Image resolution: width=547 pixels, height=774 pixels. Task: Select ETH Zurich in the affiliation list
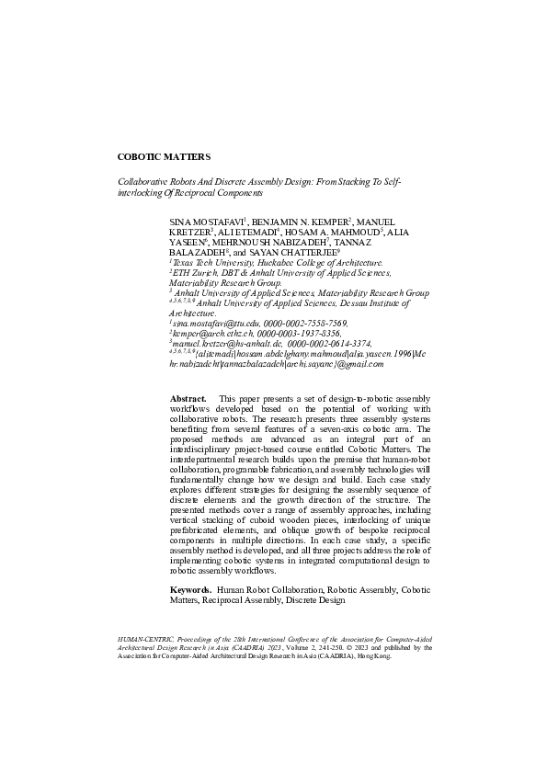(192, 273)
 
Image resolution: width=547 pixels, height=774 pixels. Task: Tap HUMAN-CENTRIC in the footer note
(145, 636)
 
